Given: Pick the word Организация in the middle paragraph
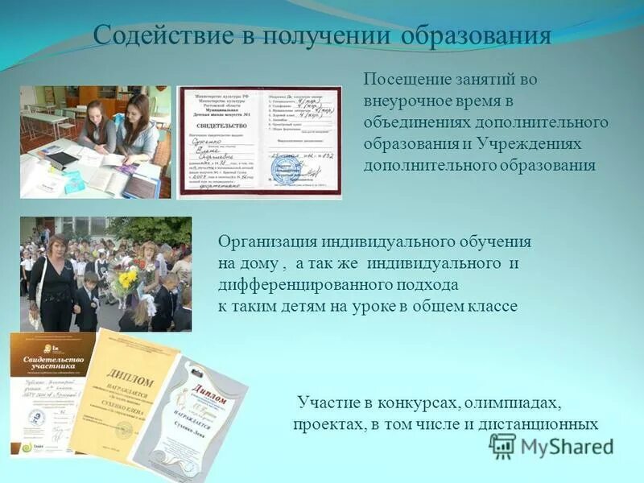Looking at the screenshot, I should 267,242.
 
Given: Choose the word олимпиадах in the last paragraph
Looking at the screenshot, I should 515,402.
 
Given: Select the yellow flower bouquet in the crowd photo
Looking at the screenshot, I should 126,279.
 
